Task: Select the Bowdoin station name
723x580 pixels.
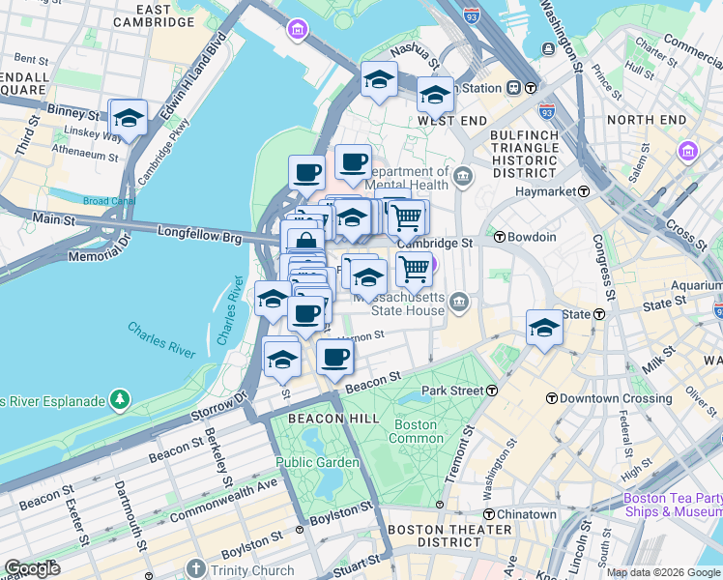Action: click(534, 237)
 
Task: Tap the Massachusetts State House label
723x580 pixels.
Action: click(398, 304)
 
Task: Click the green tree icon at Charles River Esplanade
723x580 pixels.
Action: click(119, 398)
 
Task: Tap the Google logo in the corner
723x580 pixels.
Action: click(32, 568)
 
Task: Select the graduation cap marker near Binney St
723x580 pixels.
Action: click(128, 118)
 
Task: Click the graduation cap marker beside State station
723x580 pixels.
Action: click(544, 329)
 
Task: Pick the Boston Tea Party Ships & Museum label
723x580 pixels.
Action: click(672, 506)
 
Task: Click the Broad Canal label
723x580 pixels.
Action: click(108, 201)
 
